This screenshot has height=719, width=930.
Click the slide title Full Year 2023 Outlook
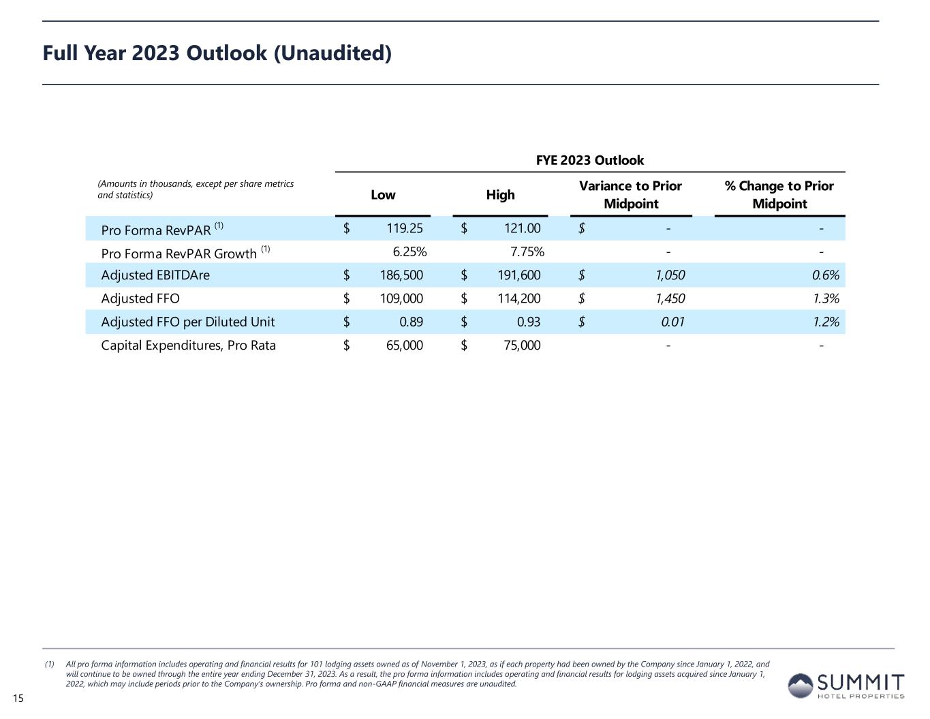click(217, 53)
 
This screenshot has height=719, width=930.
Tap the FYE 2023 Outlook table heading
click(589, 160)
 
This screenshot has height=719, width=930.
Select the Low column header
click(383, 195)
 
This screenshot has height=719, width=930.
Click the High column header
click(500, 195)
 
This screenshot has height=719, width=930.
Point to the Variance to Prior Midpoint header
click(630, 195)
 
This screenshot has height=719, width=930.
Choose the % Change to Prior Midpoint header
click(779, 195)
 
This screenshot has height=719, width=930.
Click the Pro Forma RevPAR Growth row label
click(179, 253)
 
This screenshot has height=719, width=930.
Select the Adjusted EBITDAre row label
click(155, 275)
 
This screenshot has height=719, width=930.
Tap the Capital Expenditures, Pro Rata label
click(188, 346)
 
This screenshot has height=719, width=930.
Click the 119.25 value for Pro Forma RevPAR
click(405, 229)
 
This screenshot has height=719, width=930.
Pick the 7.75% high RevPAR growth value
click(527, 252)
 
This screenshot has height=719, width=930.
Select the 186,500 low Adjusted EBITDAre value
click(401, 275)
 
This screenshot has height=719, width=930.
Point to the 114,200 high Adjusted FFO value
click(519, 299)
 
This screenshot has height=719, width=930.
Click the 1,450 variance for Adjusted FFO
click(670, 299)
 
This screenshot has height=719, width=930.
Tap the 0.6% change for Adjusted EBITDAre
click(825, 275)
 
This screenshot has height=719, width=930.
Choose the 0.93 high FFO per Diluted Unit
click(529, 322)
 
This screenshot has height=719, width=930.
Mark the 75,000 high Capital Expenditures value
click(523, 346)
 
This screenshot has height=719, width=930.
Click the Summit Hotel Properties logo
click(846, 686)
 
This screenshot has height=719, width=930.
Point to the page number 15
click(18, 698)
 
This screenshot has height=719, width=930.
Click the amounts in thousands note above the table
click(196, 189)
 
